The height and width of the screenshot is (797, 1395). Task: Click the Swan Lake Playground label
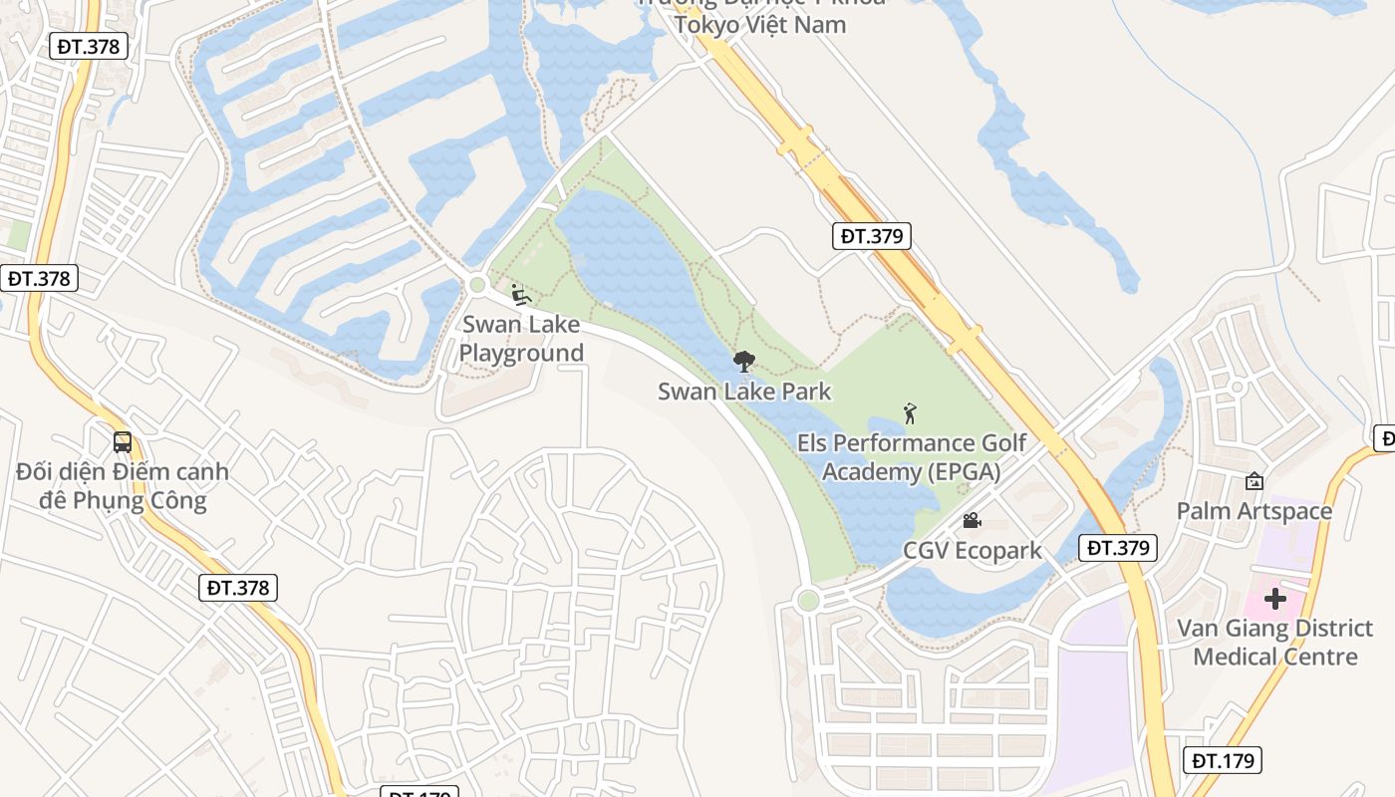click(x=521, y=339)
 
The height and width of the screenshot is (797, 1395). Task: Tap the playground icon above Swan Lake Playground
click(x=519, y=294)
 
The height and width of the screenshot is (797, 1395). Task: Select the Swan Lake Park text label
click(x=744, y=392)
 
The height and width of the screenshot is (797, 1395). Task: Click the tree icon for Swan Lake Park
click(x=743, y=362)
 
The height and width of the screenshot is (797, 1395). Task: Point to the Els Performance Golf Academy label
click(x=912, y=456)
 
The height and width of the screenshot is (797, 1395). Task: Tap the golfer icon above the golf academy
click(x=909, y=412)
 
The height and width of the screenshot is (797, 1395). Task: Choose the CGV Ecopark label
click(x=972, y=550)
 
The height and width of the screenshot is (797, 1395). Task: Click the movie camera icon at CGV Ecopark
click(x=972, y=520)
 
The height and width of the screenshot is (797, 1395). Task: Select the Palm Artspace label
click(x=1254, y=511)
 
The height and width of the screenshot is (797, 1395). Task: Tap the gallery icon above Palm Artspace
click(x=1254, y=481)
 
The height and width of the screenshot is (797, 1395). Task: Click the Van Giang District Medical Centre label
click(x=1274, y=642)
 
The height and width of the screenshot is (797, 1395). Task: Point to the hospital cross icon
click(x=1274, y=599)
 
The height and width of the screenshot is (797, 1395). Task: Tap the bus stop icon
click(x=123, y=441)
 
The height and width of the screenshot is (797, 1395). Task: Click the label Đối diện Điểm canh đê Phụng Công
click(x=123, y=485)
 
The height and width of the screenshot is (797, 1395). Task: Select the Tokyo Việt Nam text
click(x=760, y=24)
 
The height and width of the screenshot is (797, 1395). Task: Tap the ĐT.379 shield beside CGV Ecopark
click(x=1118, y=547)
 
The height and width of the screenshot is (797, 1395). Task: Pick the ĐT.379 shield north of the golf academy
click(x=872, y=236)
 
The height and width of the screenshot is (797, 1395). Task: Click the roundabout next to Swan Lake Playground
click(x=477, y=285)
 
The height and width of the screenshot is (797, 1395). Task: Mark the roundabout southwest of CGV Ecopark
click(x=808, y=600)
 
